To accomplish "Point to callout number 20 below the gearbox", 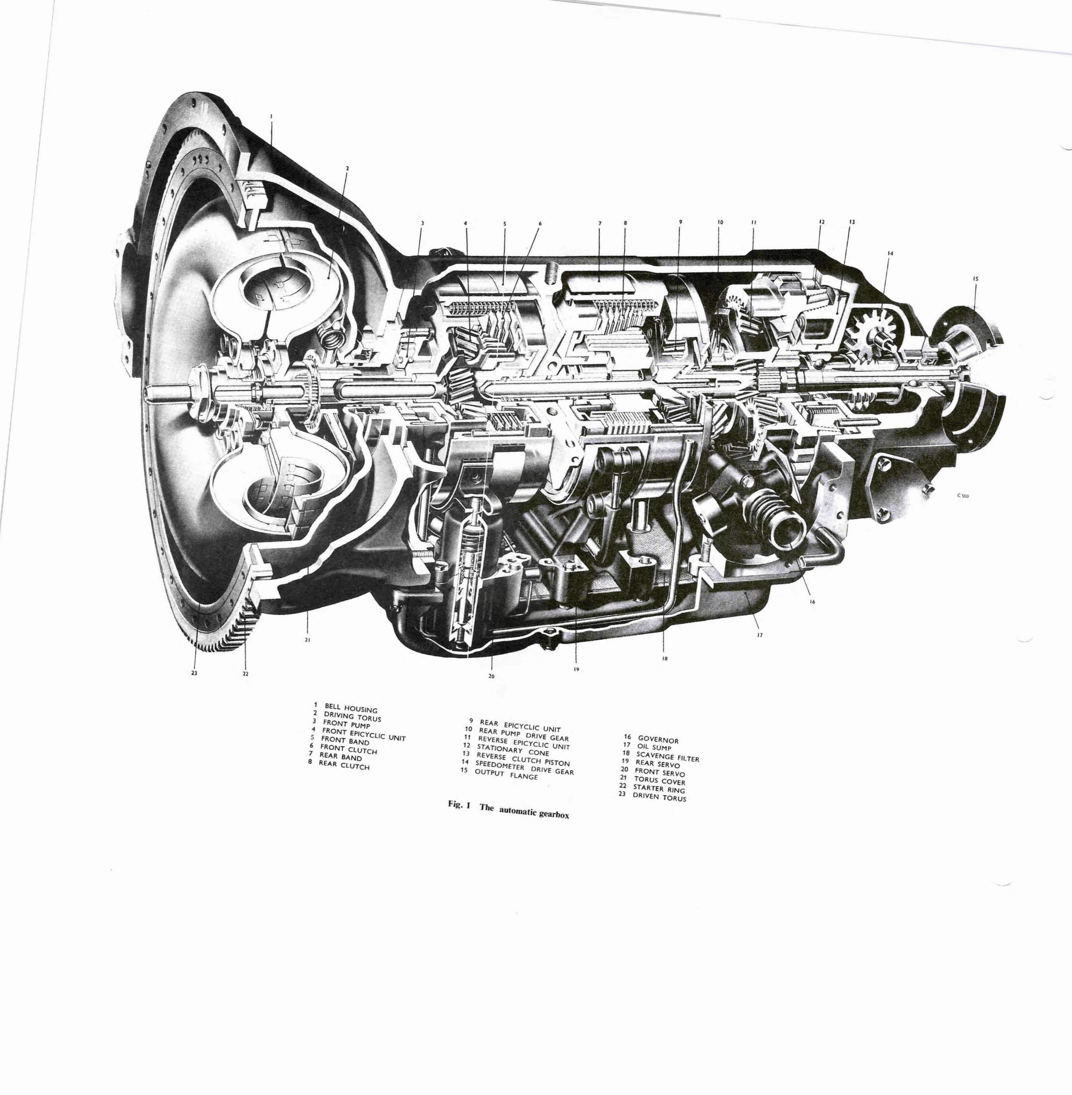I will (x=491, y=676).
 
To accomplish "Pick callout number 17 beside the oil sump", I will (x=760, y=635).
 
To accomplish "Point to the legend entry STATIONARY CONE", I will (x=513, y=751).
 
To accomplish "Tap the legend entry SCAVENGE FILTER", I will (x=667, y=756).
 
